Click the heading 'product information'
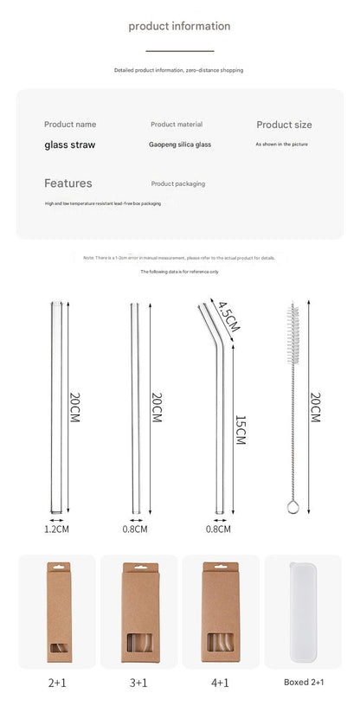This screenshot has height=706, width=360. pos(179,26)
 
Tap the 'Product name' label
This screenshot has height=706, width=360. pos(70,125)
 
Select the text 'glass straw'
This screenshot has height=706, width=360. pos(70,144)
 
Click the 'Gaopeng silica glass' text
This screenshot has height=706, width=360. pos(179,144)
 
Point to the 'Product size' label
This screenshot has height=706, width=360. pos(284,125)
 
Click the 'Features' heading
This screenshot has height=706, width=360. pos(67,183)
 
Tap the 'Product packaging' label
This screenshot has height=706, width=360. pos(178,183)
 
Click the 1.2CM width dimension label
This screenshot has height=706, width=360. pos(56,529)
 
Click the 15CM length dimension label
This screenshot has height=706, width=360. pos(240,429)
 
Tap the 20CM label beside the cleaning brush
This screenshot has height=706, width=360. pos(315,407)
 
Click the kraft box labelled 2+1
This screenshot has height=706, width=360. pos(56,613)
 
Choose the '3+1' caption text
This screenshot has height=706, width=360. pos(138,683)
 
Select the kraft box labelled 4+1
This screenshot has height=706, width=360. pos(219,613)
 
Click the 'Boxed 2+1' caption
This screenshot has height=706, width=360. pos(303,683)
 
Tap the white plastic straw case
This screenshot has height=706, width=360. pos(303,613)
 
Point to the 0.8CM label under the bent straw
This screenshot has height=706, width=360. pos(218,529)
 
